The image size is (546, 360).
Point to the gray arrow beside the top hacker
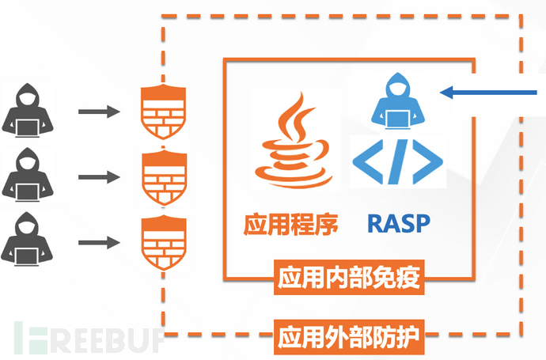pyautogui.click(x=99, y=112)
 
